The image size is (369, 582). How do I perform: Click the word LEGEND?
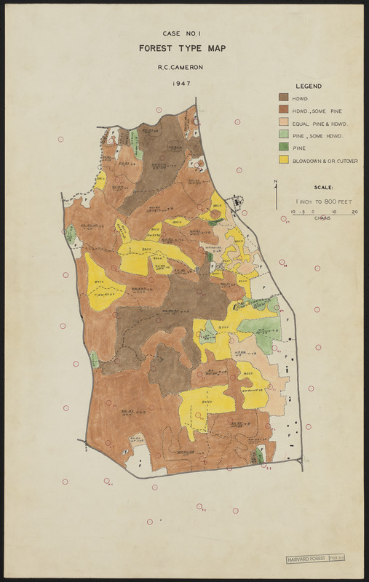click(x=309, y=85)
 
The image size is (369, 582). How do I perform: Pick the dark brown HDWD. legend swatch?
click(x=283, y=97)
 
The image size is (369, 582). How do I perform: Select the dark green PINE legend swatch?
click(x=283, y=148)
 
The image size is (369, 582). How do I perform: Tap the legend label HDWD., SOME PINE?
click(x=317, y=111)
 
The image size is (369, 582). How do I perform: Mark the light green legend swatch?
click(x=283, y=135)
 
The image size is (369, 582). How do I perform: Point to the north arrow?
click(x=276, y=186)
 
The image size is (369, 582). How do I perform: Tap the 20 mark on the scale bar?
click(x=354, y=212)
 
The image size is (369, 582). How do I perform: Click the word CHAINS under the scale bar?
click(x=323, y=218)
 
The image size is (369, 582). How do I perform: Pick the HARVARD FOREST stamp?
click(x=306, y=557)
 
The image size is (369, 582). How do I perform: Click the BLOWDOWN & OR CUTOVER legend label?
click(x=325, y=161)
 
